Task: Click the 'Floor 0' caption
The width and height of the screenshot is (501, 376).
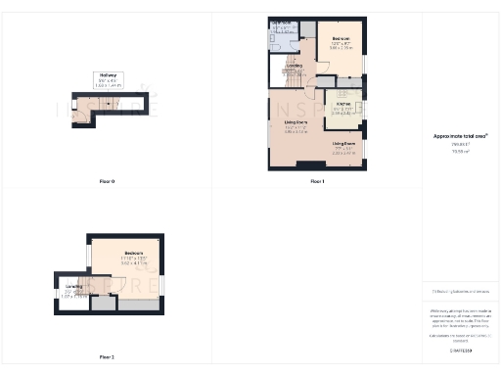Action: pyautogui.click(x=107, y=181)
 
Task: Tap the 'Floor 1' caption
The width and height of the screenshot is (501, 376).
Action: pyautogui.click(x=316, y=181)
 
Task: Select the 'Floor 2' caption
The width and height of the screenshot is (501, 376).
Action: pyautogui.click(x=107, y=356)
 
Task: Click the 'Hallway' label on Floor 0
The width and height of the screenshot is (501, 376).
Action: pyautogui.click(x=107, y=74)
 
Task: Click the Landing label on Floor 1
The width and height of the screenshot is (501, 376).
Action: pyautogui.click(x=294, y=66)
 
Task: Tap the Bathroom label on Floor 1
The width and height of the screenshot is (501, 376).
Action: pyautogui.click(x=281, y=23)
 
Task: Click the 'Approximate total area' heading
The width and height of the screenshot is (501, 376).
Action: pyautogui.click(x=460, y=137)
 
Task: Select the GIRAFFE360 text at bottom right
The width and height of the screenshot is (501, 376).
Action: pyautogui.click(x=460, y=350)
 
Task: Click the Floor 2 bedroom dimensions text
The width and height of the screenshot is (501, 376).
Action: pyautogui.click(x=134, y=262)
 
